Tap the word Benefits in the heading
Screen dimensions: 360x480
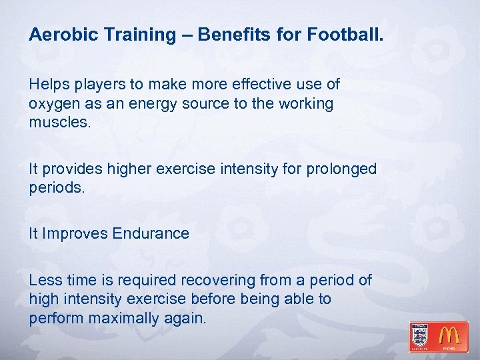tap(229, 34)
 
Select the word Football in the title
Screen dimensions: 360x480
tap(345, 34)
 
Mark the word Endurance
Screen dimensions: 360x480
tap(151, 233)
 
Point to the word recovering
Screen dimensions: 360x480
tap(222, 281)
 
